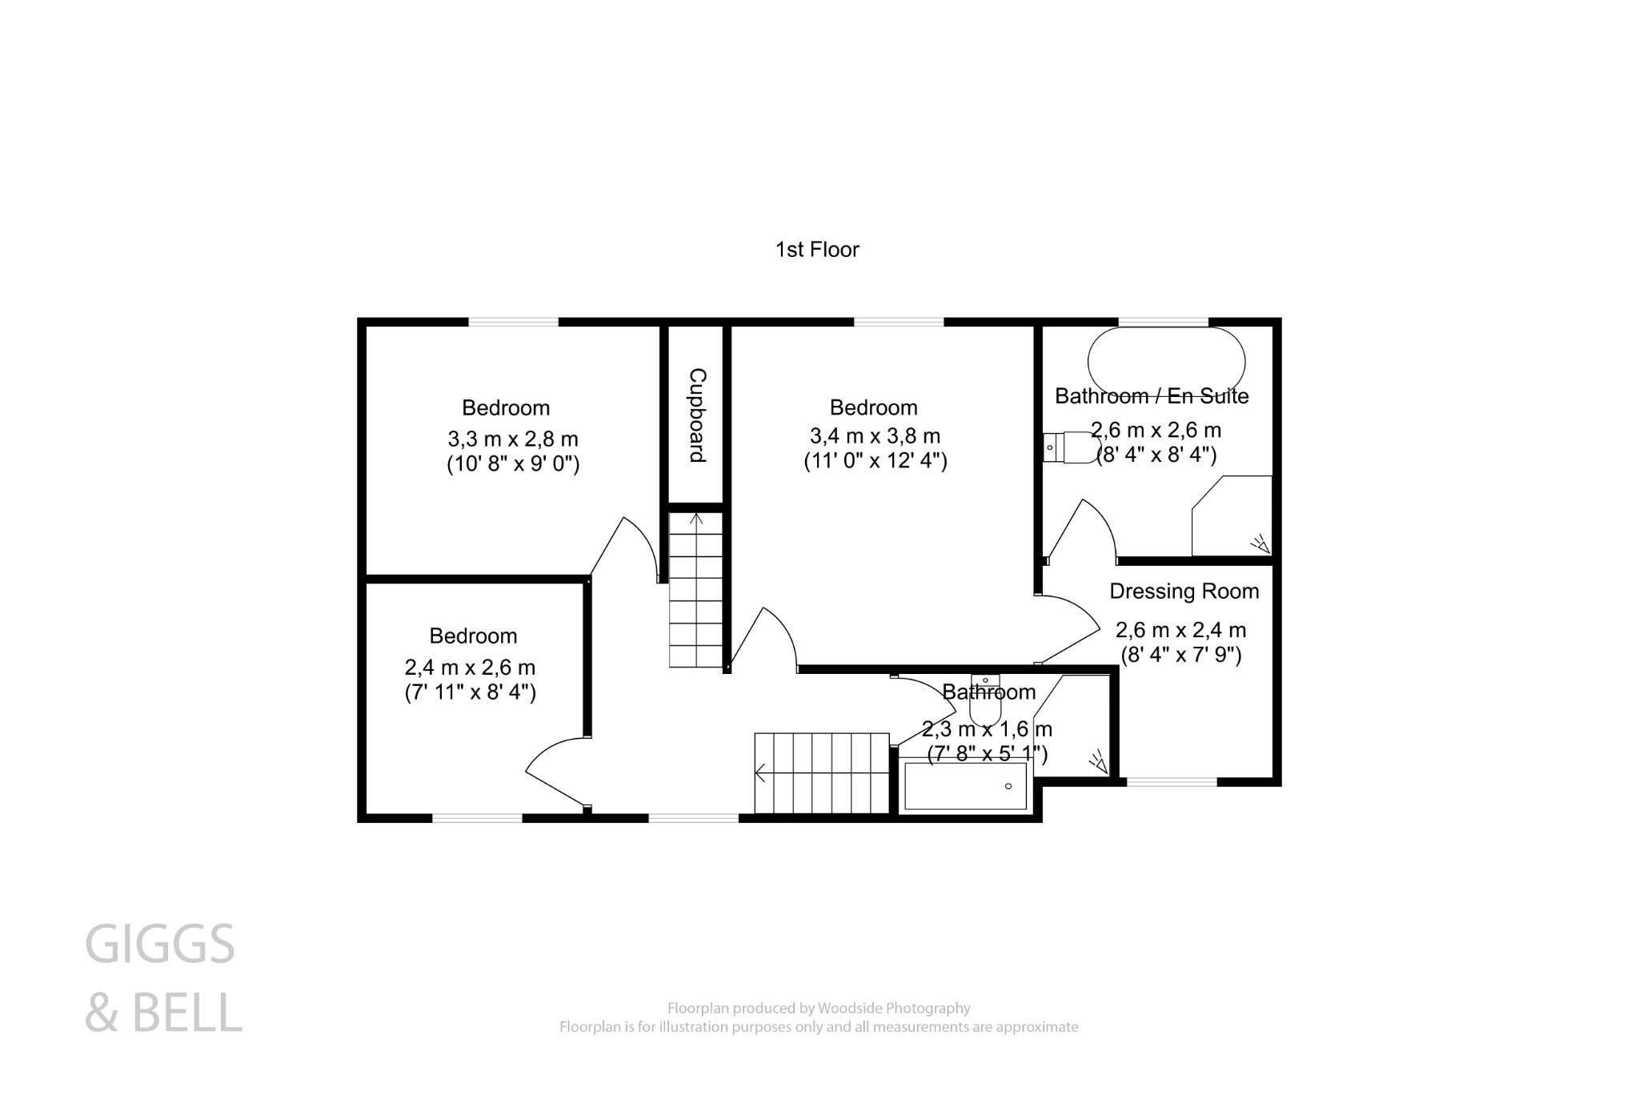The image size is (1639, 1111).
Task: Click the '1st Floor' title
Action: tap(817, 250)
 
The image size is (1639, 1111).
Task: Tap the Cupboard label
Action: tap(697, 415)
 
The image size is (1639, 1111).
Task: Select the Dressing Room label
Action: tap(1184, 592)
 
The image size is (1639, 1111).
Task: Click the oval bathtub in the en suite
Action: tap(1165, 362)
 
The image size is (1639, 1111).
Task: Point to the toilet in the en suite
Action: tap(1072, 447)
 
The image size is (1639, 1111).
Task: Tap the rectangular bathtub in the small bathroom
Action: tap(964, 786)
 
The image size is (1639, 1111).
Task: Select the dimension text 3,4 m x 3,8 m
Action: tap(875, 436)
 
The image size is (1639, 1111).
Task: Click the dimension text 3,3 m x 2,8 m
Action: tap(512, 439)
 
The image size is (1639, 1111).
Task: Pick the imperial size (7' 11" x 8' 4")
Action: tap(470, 692)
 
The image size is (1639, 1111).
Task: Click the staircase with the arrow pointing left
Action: tap(822, 773)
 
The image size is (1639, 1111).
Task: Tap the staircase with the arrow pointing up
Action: tap(696, 590)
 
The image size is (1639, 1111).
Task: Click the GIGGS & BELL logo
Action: tap(162, 977)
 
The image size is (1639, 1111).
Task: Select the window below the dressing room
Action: tap(1172, 782)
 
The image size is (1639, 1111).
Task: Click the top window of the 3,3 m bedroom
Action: tap(513, 322)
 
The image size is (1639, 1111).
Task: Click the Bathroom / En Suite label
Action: tap(1151, 396)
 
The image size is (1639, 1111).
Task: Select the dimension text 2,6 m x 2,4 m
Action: tap(1180, 630)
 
